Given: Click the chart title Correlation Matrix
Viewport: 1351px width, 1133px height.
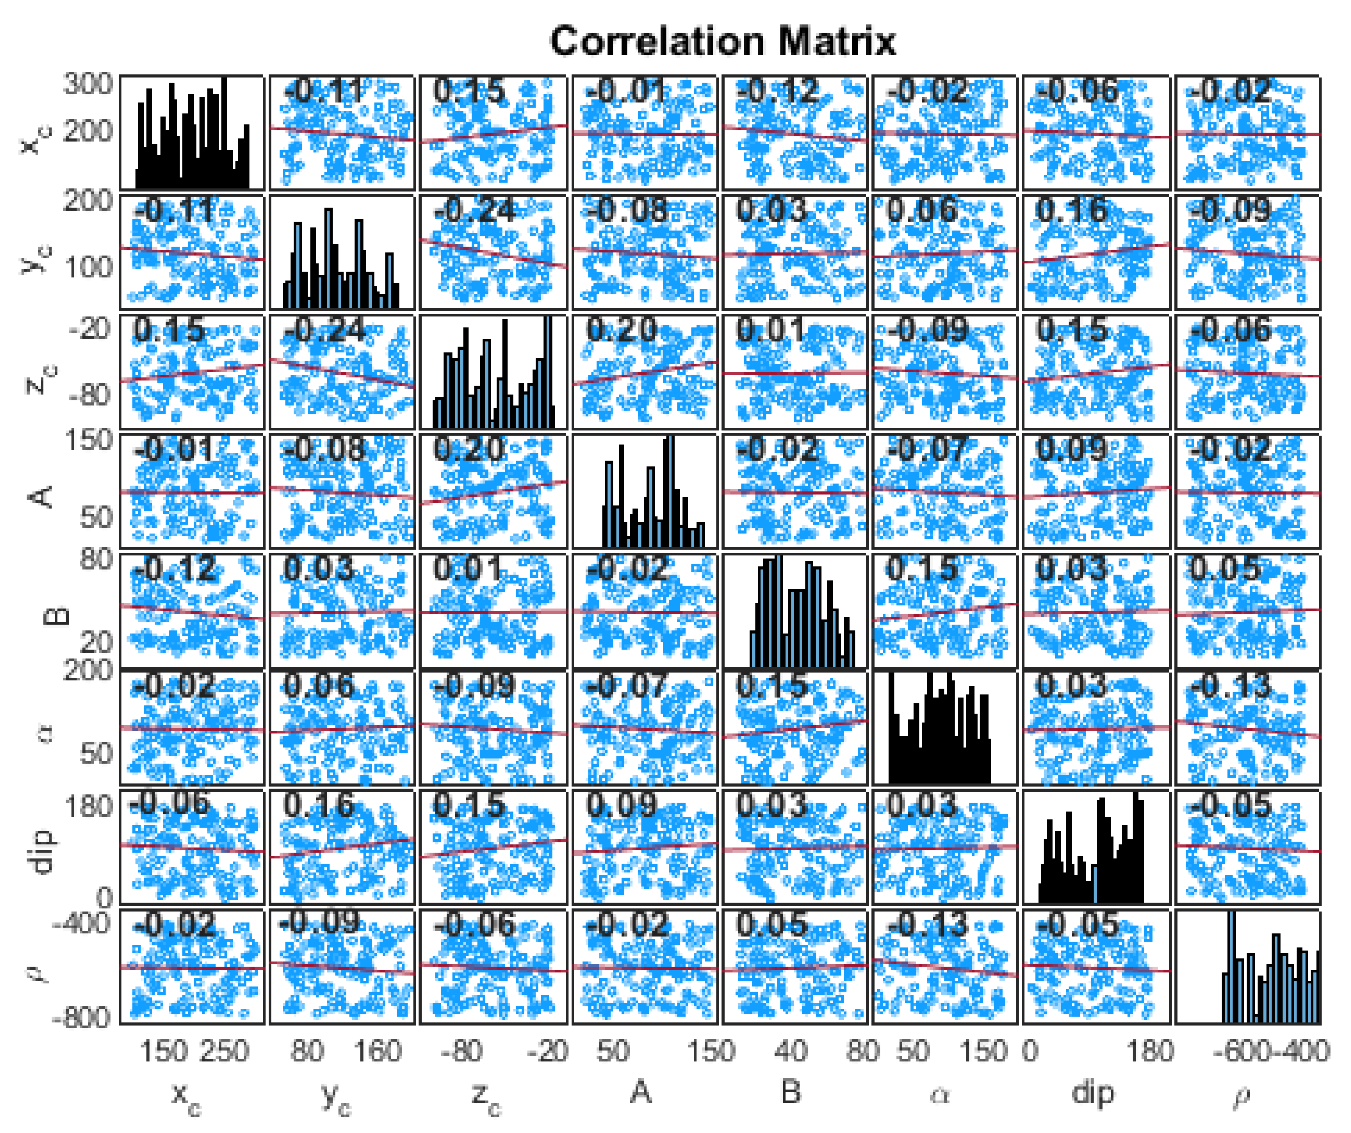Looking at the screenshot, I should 722,41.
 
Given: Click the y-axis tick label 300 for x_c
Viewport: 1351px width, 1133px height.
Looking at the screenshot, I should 88,84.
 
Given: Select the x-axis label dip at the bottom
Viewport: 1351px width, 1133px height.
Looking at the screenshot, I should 1093,1092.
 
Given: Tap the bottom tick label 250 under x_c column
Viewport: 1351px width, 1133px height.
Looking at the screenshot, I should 225,1051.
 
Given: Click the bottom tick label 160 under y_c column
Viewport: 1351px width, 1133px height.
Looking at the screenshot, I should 377,1051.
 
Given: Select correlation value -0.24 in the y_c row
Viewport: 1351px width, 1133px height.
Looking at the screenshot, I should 474,211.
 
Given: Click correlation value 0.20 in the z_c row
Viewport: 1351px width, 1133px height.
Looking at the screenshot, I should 622,329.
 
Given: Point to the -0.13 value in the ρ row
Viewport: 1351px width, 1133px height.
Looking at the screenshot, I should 927,925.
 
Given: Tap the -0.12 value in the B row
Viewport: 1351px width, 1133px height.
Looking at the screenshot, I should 175,568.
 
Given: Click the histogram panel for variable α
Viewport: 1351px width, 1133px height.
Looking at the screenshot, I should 945,728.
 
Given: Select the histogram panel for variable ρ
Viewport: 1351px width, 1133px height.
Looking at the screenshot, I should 1247,966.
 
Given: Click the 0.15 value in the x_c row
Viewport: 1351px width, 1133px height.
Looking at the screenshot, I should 469,91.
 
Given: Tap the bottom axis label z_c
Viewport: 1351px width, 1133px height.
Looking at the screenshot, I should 486,1095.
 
